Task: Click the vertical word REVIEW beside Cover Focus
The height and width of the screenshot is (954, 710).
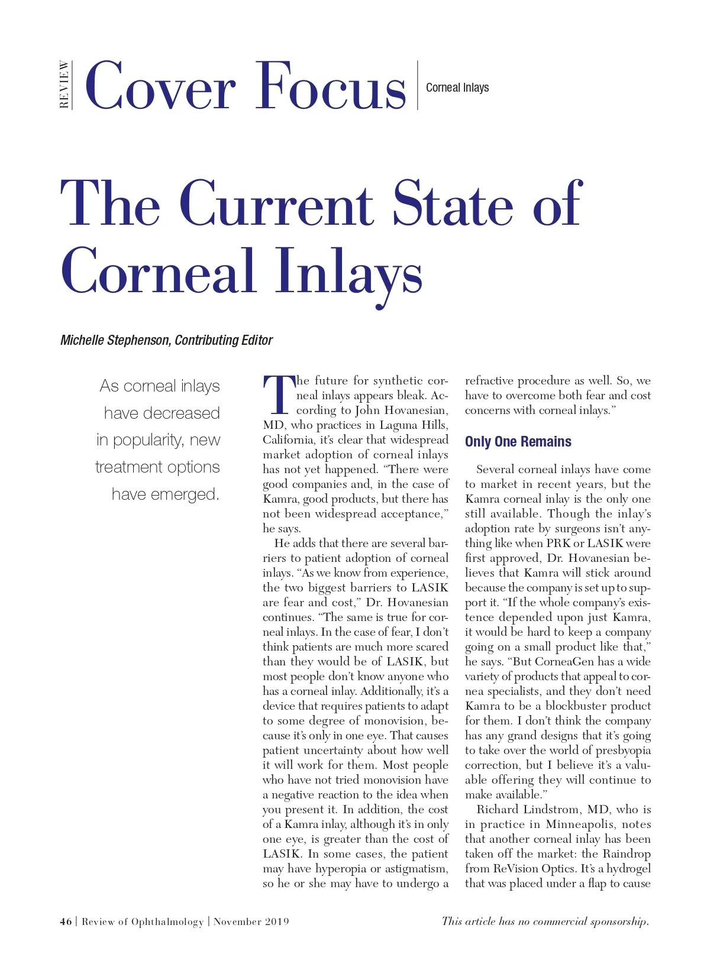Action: coord(64,85)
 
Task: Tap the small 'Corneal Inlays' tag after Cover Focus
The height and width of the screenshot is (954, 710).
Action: coord(457,88)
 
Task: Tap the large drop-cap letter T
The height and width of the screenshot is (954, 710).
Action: coord(278,394)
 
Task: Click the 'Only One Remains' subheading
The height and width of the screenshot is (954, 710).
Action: coord(518,442)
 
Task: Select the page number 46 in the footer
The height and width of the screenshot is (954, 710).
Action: coord(66,921)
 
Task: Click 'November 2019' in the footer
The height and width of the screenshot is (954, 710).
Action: coord(251,921)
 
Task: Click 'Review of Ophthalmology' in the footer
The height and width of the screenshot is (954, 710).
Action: coord(143,921)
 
